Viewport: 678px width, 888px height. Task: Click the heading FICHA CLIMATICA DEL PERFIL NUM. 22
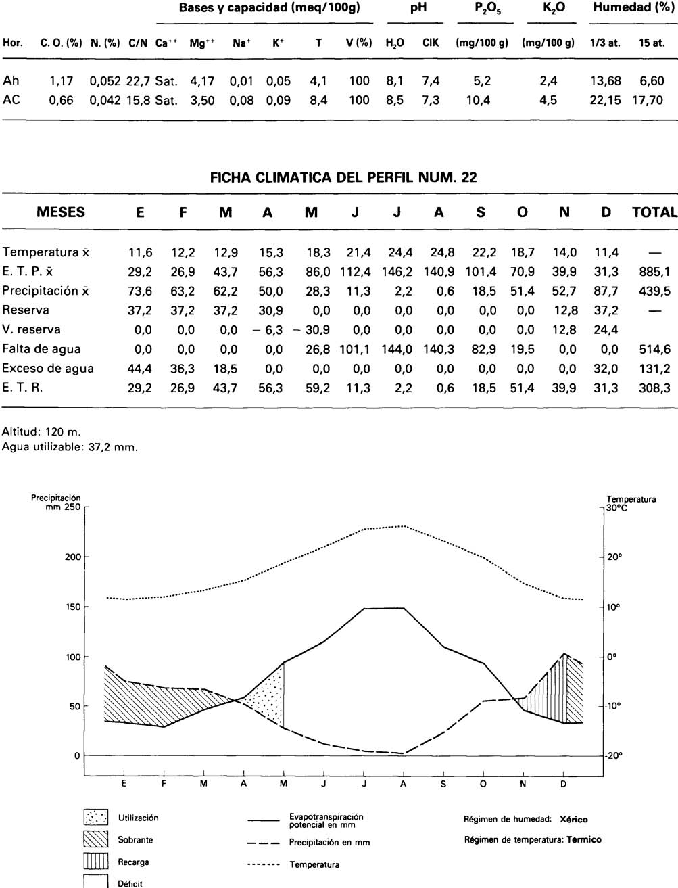pyautogui.click(x=343, y=178)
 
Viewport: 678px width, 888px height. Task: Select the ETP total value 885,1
pyautogui.click(x=654, y=272)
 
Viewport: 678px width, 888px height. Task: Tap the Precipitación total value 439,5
pyautogui.click(x=654, y=291)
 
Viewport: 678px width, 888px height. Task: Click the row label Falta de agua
pyautogui.click(x=41, y=349)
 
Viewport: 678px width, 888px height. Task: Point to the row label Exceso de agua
pyautogui.click(x=47, y=369)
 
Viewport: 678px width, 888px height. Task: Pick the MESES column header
pyautogui.click(x=61, y=212)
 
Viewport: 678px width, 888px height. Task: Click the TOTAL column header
pyautogui.click(x=654, y=212)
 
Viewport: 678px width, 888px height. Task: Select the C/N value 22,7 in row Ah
pyautogui.click(x=138, y=80)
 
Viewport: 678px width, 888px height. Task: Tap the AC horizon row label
pyautogui.click(x=11, y=100)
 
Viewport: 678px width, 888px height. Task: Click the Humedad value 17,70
pyautogui.click(x=651, y=100)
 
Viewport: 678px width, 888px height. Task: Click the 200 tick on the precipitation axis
pyautogui.click(x=72, y=557)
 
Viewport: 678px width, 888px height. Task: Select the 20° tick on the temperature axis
pyautogui.click(x=614, y=557)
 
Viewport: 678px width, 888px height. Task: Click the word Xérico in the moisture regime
pyautogui.click(x=574, y=820)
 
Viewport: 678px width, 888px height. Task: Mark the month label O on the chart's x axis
pyautogui.click(x=483, y=784)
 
